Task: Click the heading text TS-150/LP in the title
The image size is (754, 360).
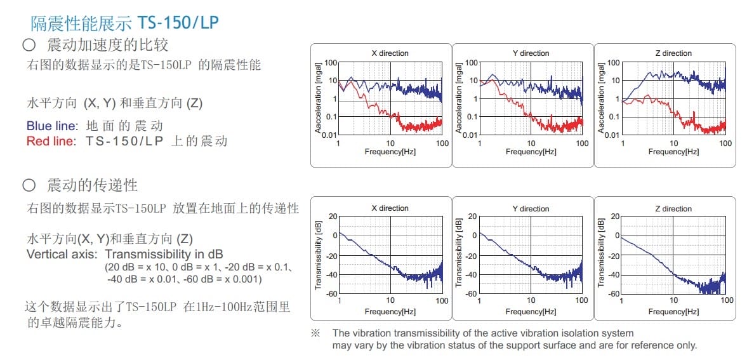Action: [178, 23]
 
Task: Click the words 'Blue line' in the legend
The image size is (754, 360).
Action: [51, 126]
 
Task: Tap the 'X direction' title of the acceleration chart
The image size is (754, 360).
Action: [390, 53]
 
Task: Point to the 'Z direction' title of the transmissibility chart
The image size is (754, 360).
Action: [673, 209]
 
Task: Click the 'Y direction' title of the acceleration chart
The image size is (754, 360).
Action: [531, 53]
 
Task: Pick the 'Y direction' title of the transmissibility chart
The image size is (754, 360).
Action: [531, 209]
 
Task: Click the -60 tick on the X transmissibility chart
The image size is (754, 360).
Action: [331, 294]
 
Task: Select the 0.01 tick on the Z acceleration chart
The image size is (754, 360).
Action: [611, 135]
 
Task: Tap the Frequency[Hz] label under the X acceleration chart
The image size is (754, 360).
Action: [390, 152]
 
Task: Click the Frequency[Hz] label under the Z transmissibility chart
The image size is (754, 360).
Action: [673, 312]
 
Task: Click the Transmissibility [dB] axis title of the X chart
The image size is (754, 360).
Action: [319, 254]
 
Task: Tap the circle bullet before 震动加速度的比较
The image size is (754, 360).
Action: [28, 46]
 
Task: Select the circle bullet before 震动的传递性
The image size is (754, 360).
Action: [28, 185]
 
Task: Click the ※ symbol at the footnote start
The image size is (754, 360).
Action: [315, 333]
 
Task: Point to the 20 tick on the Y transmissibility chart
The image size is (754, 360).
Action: [472, 216]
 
